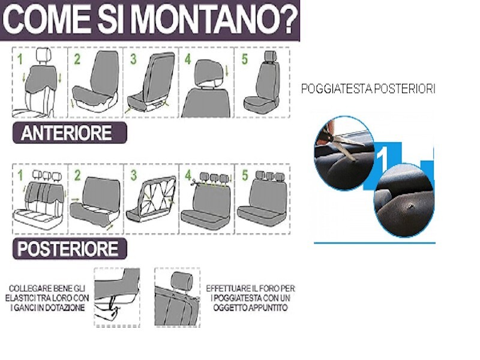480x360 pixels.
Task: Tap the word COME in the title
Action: (x=47, y=19)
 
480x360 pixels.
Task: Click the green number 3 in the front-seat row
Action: (x=133, y=59)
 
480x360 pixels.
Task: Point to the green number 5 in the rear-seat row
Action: (x=245, y=175)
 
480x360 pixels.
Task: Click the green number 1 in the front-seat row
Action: (x=20, y=59)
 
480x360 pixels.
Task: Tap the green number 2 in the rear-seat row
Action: (x=77, y=175)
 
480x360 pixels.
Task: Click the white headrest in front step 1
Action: (x=44, y=56)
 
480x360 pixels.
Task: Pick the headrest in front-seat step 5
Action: (x=271, y=56)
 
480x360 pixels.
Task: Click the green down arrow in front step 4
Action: (x=227, y=71)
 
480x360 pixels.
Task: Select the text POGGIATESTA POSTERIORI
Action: (x=368, y=89)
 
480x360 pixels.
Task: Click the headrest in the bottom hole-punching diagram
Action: (x=182, y=281)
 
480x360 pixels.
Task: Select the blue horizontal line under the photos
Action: (x=374, y=243)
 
